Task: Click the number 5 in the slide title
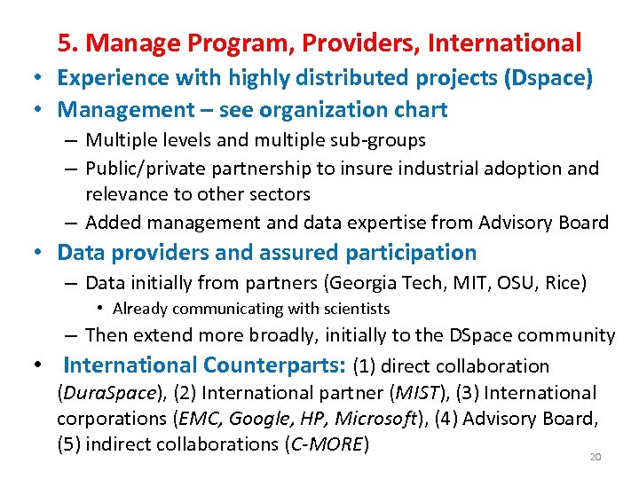click(x=65, y=43)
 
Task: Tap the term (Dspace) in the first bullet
click(x=548, y=77)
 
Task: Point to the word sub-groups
click(x=382, y=140)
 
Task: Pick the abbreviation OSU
click(x=518, y=284)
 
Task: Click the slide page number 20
click(x=596, y=457)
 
